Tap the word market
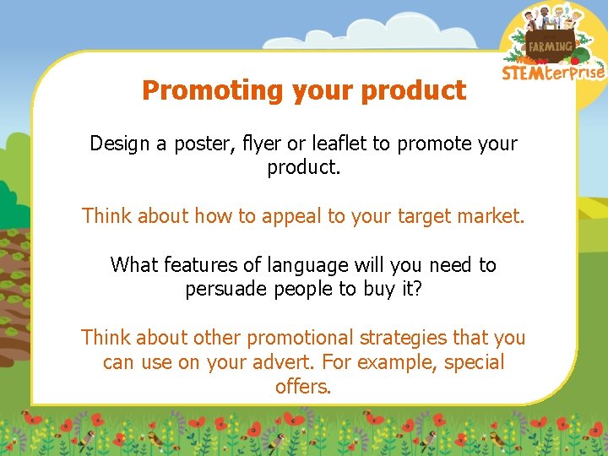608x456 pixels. (489, 216)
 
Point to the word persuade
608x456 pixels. (224, 290)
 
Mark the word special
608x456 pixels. (474, 362)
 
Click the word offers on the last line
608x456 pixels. (303, 387)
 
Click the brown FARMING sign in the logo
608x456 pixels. (550, 46)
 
